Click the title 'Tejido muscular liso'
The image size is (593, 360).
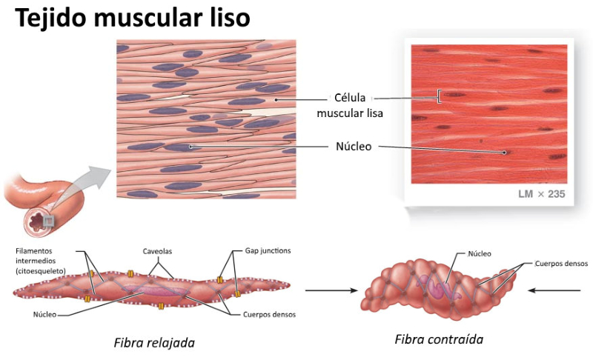(x=133, y=19)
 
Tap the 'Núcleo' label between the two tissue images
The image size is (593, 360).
(x=354, y=147)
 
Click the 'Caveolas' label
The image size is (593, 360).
(x=157, y=251)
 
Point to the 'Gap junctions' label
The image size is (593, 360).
(x=268, y=251)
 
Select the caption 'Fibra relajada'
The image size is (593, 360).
(x=154, y=343)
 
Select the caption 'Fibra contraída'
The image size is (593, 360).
(x=439, y=339)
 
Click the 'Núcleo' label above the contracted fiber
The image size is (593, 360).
(x=480, y=253)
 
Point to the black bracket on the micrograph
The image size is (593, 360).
(x=440, y=96)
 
